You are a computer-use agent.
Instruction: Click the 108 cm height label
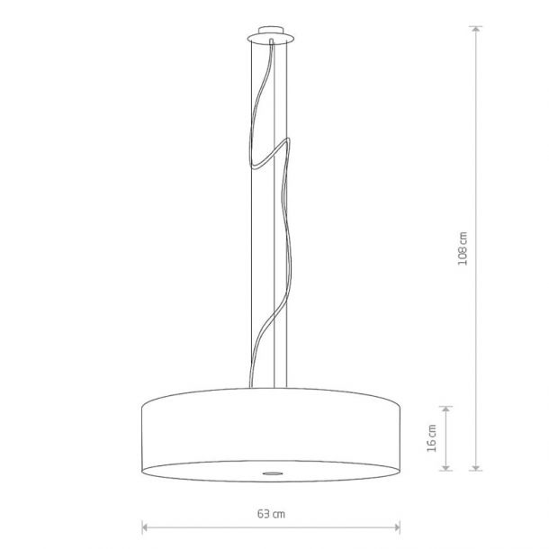(x=463, y=248)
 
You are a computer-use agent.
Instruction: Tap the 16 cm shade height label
(x=432, y=438)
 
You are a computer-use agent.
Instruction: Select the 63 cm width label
(x=271, y=514)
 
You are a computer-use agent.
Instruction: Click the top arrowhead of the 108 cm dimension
(x=476, y=29)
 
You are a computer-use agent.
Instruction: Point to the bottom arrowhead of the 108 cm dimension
(x=476, y=467)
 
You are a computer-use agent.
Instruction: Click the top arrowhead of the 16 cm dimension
(x=445, y=409)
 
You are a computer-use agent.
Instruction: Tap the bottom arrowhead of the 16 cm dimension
(x=445, y=467)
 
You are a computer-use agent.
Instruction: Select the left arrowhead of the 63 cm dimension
(x=145, y=526)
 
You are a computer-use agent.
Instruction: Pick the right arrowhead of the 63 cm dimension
(x=397, y=526)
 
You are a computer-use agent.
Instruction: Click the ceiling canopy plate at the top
(x=271, y=38)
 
